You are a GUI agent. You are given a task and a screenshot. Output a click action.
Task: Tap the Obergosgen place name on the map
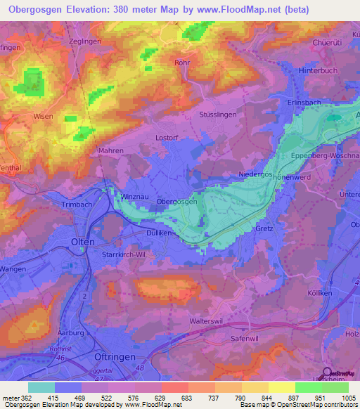point(176,201)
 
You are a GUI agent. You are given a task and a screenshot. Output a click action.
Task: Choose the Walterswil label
point(206,320)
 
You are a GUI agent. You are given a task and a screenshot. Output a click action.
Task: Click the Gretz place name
point(264,228)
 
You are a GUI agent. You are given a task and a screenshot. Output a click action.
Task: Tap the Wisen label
point(42,117)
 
